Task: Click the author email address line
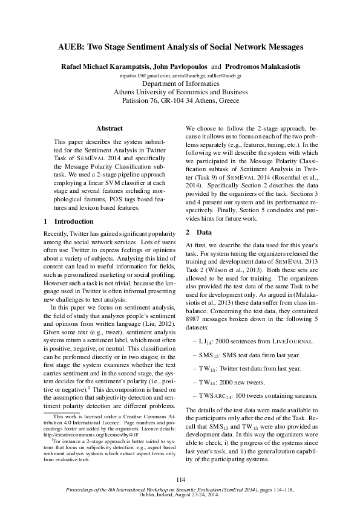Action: [x=180, y=76]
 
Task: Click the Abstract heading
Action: [x=110, y=129]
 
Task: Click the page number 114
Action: [x=180, y=479]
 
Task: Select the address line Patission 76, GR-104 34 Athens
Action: [x=180, y=101]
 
